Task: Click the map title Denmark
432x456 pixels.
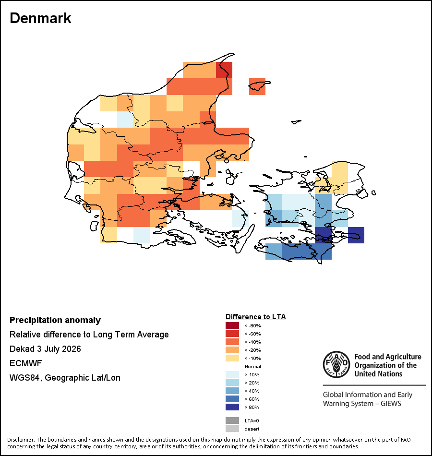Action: click(40, 18)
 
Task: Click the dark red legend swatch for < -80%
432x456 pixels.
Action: click(232, 325)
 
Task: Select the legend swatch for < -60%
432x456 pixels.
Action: click(232, 334)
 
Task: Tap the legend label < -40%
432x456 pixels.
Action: click(252, 342)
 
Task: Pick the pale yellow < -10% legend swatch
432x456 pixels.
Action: click(232, 358)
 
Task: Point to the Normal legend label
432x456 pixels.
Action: click(253, 366)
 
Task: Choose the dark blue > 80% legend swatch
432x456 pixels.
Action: click(232, 407)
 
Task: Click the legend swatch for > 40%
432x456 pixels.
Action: click(232, 391)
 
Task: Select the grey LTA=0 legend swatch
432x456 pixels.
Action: click(232, 420)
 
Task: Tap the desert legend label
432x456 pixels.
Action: click(252, 429)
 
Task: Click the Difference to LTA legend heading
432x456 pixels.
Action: click(255, 317)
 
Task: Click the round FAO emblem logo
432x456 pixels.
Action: click(336, 364)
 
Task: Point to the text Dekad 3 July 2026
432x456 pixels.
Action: click(45, 348)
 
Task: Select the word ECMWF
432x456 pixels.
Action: click(25, 363)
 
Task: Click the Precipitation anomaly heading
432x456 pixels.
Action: click(55, 320)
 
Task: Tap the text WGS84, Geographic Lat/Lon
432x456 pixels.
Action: click(65, 378)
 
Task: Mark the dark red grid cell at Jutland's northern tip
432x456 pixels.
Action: click(224, 70)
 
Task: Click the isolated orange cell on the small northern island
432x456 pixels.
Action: click(257, 86)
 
